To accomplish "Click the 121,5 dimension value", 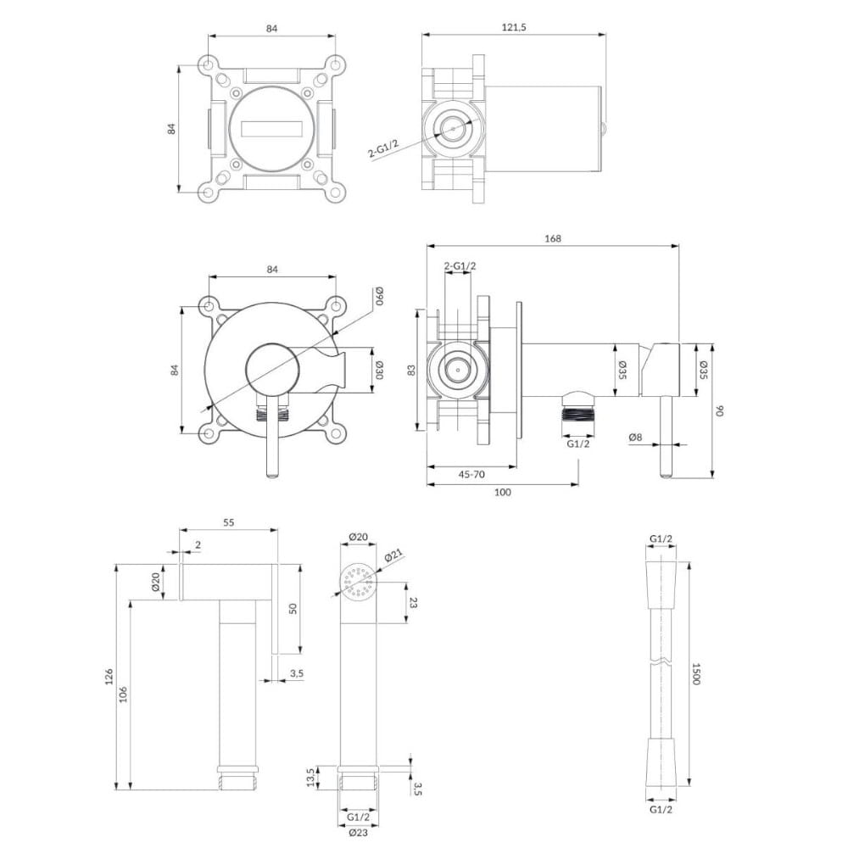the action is [x=514, y=28].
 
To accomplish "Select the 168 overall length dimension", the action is [x=553, y=238].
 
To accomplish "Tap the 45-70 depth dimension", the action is [x=471, y=474].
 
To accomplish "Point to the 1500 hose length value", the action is [x=695, y=673].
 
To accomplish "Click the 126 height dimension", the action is [x=109, y=676].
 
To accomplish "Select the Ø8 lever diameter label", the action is [x=635, y=438].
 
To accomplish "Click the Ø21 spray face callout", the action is [x=394, y=556].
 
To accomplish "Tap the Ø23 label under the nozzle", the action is [x=358, y=833].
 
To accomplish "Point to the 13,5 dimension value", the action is [x=310, y=778].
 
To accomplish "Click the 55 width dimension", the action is [x=229, y=522].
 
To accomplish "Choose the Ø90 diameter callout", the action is [x=379, y=297].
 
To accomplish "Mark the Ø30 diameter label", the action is [x=379, y=370].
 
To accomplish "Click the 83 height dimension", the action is [x=411, y=371].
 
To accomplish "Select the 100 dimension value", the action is [x=502, y=492].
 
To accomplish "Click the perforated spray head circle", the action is [x=359, y=582].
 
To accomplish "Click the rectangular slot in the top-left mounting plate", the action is [x=272, y=129].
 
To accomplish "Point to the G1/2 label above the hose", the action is [x=661, y=538].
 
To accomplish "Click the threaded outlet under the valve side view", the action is [x=578, y=415].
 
